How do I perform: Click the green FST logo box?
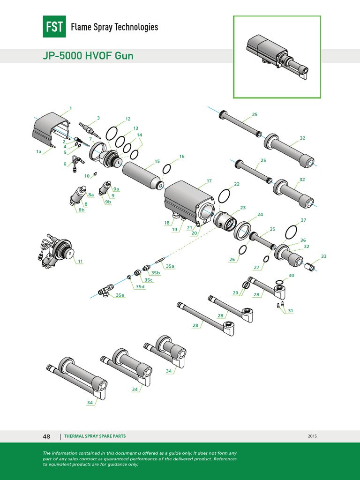point(54,27)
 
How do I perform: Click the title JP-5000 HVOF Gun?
point(88,56)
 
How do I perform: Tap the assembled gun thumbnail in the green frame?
point(277,57)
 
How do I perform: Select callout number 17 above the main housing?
point(209,180)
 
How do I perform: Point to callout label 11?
point(80,261)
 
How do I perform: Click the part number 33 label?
point(323,256)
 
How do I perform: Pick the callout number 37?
point(303,220)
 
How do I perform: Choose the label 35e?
point(120,295)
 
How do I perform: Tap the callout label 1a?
point(39,152)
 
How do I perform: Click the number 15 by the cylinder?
point(157,161)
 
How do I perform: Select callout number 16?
point(182,156)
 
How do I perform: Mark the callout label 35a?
point(170,266)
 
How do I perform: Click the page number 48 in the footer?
point(46,436)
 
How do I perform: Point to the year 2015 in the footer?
point(312,436)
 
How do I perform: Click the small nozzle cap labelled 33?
point(309,267)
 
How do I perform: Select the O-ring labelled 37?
point(291,232)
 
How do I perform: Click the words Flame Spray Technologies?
point(114,27)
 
